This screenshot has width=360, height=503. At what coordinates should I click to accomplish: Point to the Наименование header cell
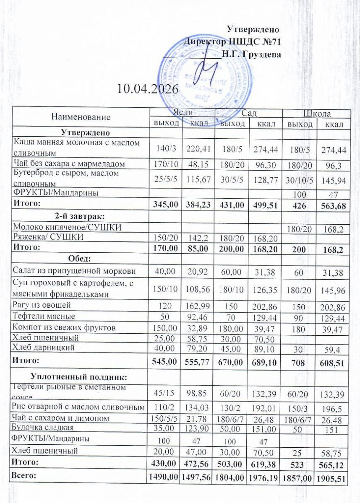pyautogui.click(x=81, y=117)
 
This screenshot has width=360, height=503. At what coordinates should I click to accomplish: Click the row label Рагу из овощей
pyautogui.click(x=42, y=305)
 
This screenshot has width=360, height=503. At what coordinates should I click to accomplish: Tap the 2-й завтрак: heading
pyautogui.click(x=80, y=216)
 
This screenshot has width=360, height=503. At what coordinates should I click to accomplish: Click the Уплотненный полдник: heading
pyautogui.click(x=80, y=374)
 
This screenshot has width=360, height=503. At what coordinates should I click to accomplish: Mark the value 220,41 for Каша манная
pyautogui.click(x=198, y=148)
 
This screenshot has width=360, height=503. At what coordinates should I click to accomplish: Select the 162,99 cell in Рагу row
pyautogui.click(x=198, y=305)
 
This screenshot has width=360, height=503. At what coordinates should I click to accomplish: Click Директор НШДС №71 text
pyautogui.click(x=232, y=41)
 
